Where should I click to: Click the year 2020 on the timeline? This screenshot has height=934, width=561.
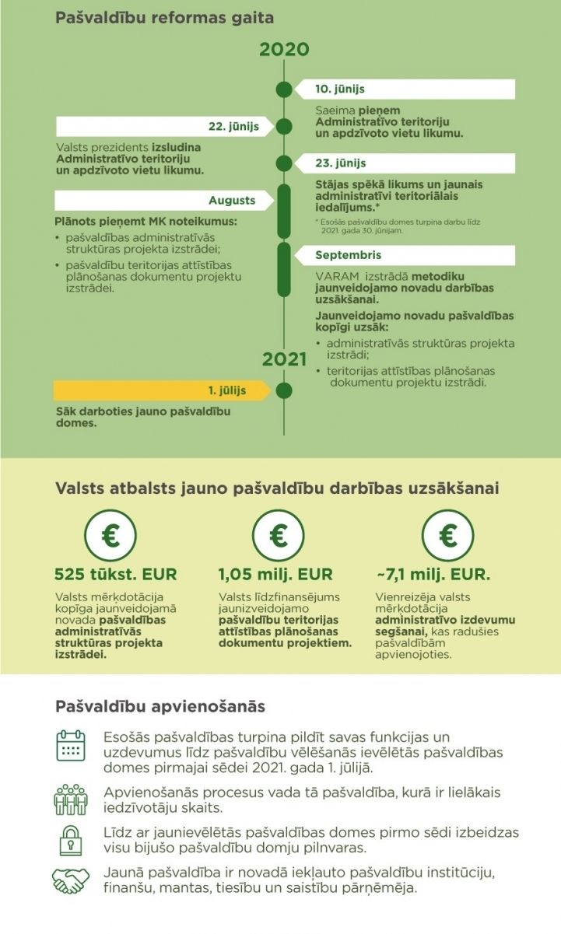point(284,50)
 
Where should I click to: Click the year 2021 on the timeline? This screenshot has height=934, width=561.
point(285,359)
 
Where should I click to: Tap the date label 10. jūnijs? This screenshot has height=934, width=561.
point(340,89)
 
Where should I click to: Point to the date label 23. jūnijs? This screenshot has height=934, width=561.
point(340,163)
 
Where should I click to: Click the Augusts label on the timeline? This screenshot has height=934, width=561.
point(232,201)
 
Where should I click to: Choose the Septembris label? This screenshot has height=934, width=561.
point(348,255)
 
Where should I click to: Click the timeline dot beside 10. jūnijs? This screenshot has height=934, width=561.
point(284,89)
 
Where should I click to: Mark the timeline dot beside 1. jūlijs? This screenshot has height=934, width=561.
point(284,390)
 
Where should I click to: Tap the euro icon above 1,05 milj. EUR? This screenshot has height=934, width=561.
point(279,534)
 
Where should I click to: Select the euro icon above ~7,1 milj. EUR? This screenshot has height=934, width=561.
point(447,534)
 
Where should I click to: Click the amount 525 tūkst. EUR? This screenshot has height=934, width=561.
point(115,575)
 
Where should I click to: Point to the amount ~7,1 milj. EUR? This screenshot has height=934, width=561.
point(433,575)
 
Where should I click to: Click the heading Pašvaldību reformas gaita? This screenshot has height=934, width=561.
point(164,16)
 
